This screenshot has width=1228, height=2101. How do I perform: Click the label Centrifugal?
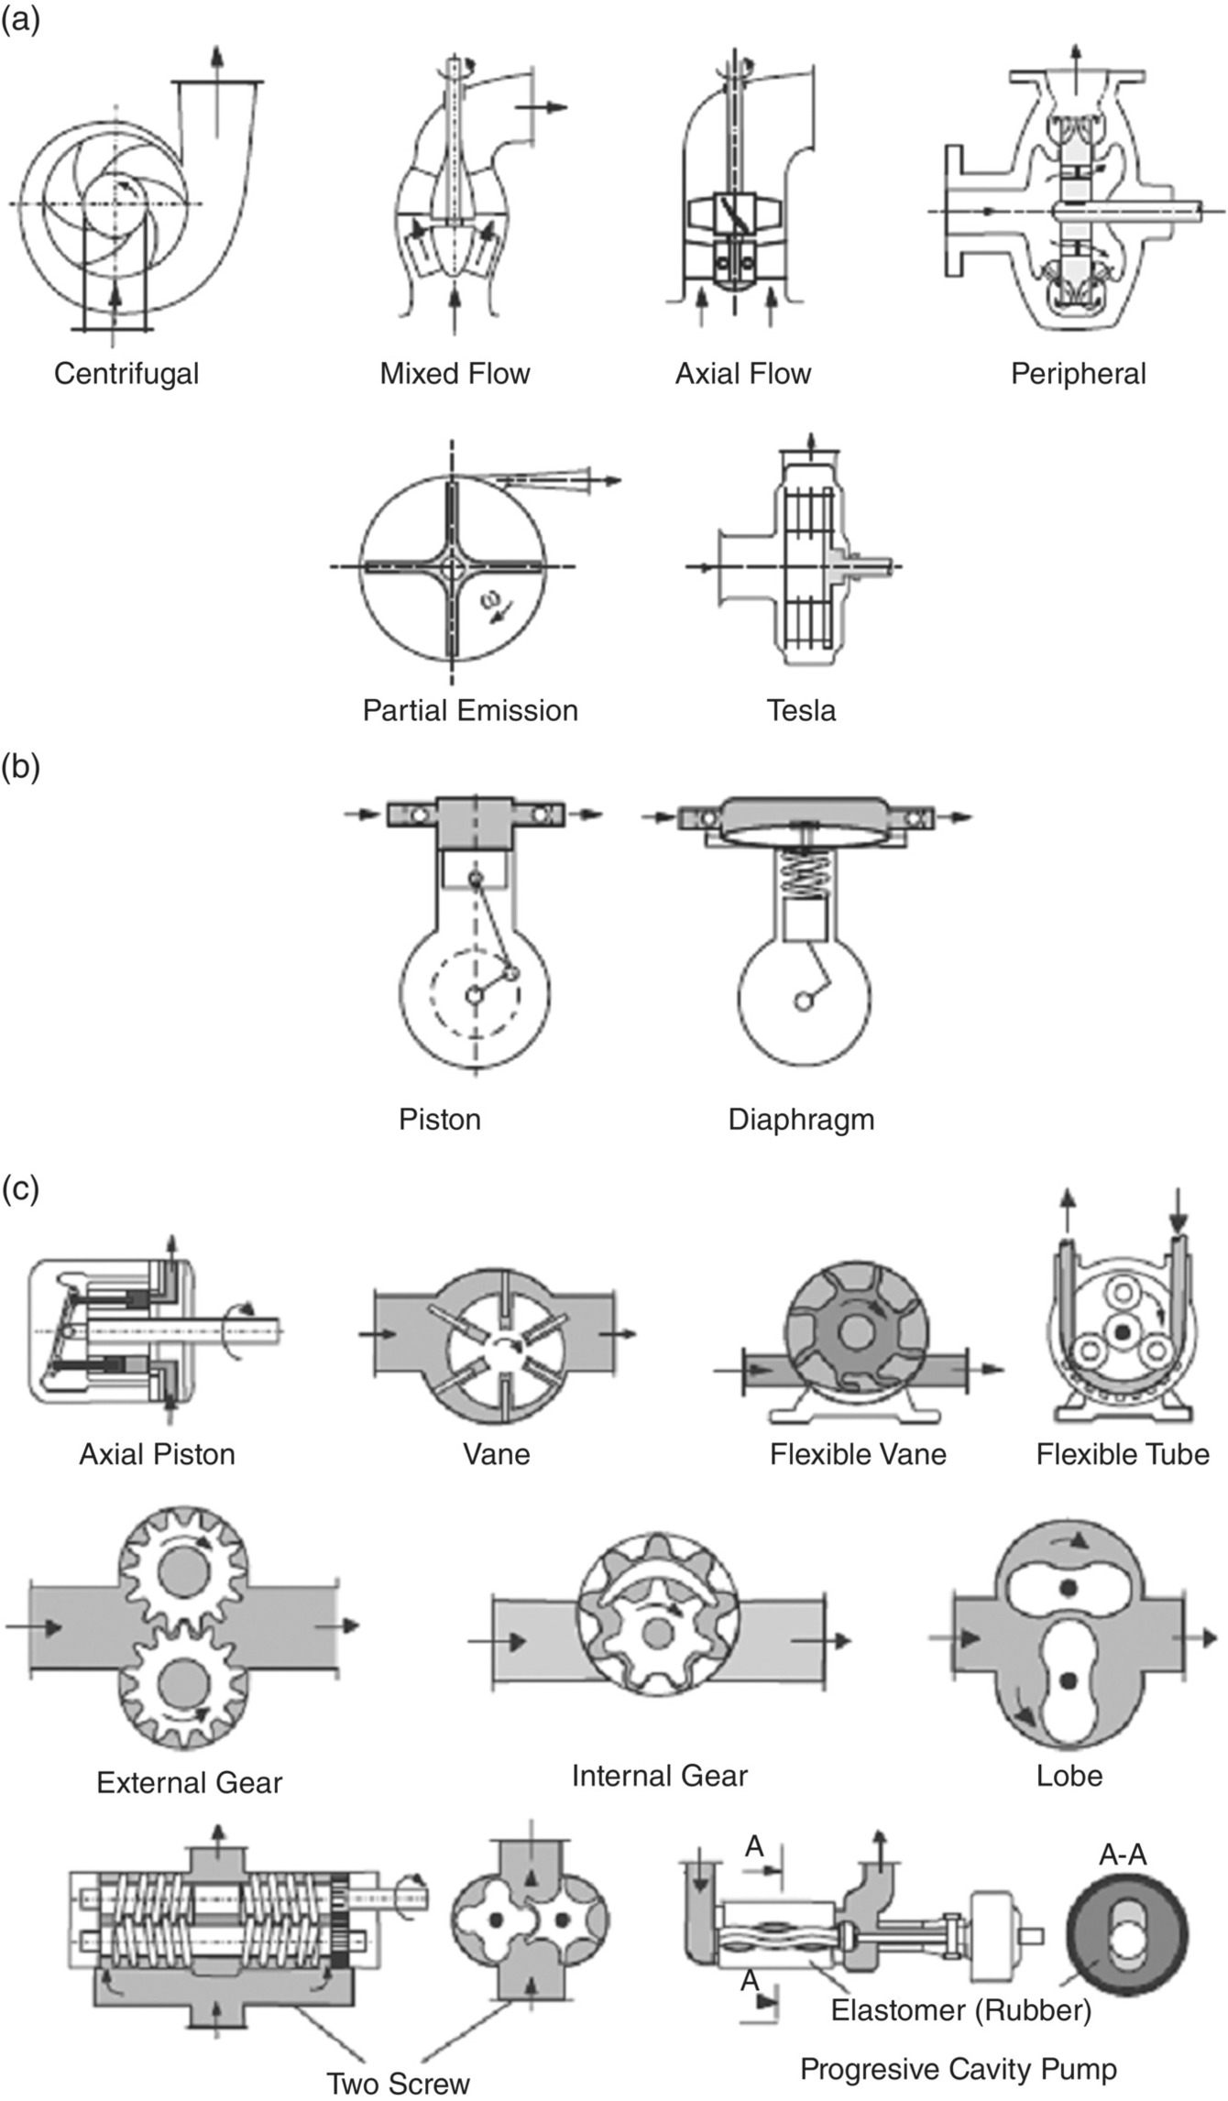[x=126, y=374]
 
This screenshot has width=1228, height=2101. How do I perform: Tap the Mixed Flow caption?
[x=455, y=374]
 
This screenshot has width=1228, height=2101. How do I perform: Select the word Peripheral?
[x=1078, y=374]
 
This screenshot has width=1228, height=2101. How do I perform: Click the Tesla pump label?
[x=801, y=711]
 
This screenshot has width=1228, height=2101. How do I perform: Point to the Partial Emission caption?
[x=470, y=711]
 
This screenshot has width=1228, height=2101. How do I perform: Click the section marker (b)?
[x=20, y=767]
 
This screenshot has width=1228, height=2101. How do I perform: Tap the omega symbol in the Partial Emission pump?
[x=493, y=599]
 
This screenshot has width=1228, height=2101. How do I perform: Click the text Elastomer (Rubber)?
[x=961, y=2010]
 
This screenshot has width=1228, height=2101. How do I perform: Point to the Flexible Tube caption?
[x=1123, y=1454]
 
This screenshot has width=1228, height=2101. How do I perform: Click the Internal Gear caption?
[x=659, y=1776]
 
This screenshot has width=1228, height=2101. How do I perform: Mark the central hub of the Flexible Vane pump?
[x=856, y=1334]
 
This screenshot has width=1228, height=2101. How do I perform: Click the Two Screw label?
[x=399, y=2084]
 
